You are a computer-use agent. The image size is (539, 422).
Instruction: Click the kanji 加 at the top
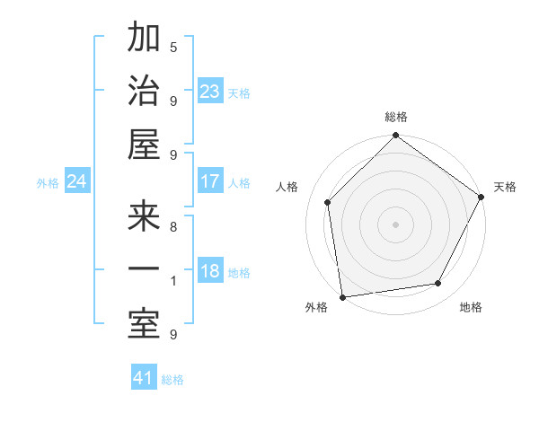144,40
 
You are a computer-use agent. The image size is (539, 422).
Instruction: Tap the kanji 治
144,92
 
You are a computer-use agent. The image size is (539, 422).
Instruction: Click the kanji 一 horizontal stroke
144,270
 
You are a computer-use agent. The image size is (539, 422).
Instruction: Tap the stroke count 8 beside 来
173,227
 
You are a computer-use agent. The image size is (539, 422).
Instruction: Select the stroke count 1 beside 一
173,281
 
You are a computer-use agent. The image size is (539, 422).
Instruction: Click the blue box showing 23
209,91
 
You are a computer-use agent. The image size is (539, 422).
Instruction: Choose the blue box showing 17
209,181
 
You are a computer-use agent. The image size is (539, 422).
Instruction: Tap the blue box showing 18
209,272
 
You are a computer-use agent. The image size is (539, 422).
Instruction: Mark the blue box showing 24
76,181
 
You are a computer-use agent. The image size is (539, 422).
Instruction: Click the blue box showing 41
144,378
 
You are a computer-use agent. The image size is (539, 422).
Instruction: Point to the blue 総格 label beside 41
172,380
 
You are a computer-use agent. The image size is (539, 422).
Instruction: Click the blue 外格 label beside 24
48,183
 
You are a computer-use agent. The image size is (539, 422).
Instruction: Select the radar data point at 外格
342,297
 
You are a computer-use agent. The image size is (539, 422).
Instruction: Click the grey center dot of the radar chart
395,224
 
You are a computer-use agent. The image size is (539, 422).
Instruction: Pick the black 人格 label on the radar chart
287,187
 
